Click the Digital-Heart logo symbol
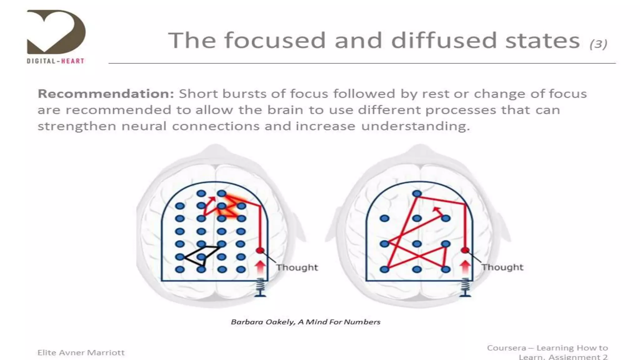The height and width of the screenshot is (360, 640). coord(56,31)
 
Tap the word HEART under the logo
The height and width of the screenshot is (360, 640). coord(72,61)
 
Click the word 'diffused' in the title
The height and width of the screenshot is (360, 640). coord(444,41)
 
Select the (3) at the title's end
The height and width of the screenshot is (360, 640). coord(598,44)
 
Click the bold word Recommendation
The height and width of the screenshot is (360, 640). coord(106,94)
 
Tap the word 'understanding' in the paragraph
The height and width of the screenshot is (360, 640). coord(416,126)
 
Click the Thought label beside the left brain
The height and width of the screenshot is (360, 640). coord(297,267)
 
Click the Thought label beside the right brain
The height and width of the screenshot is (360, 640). coord(502,267)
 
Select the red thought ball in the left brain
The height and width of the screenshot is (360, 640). coord(260,250)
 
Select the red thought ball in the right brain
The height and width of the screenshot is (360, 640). coord(465,250)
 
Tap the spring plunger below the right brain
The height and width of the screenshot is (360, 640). coord(466,287)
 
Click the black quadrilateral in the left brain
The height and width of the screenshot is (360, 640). coord(200,255)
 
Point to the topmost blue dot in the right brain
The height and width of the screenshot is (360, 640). coord(417,194)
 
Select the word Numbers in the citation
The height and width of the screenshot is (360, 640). coord(366,322)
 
